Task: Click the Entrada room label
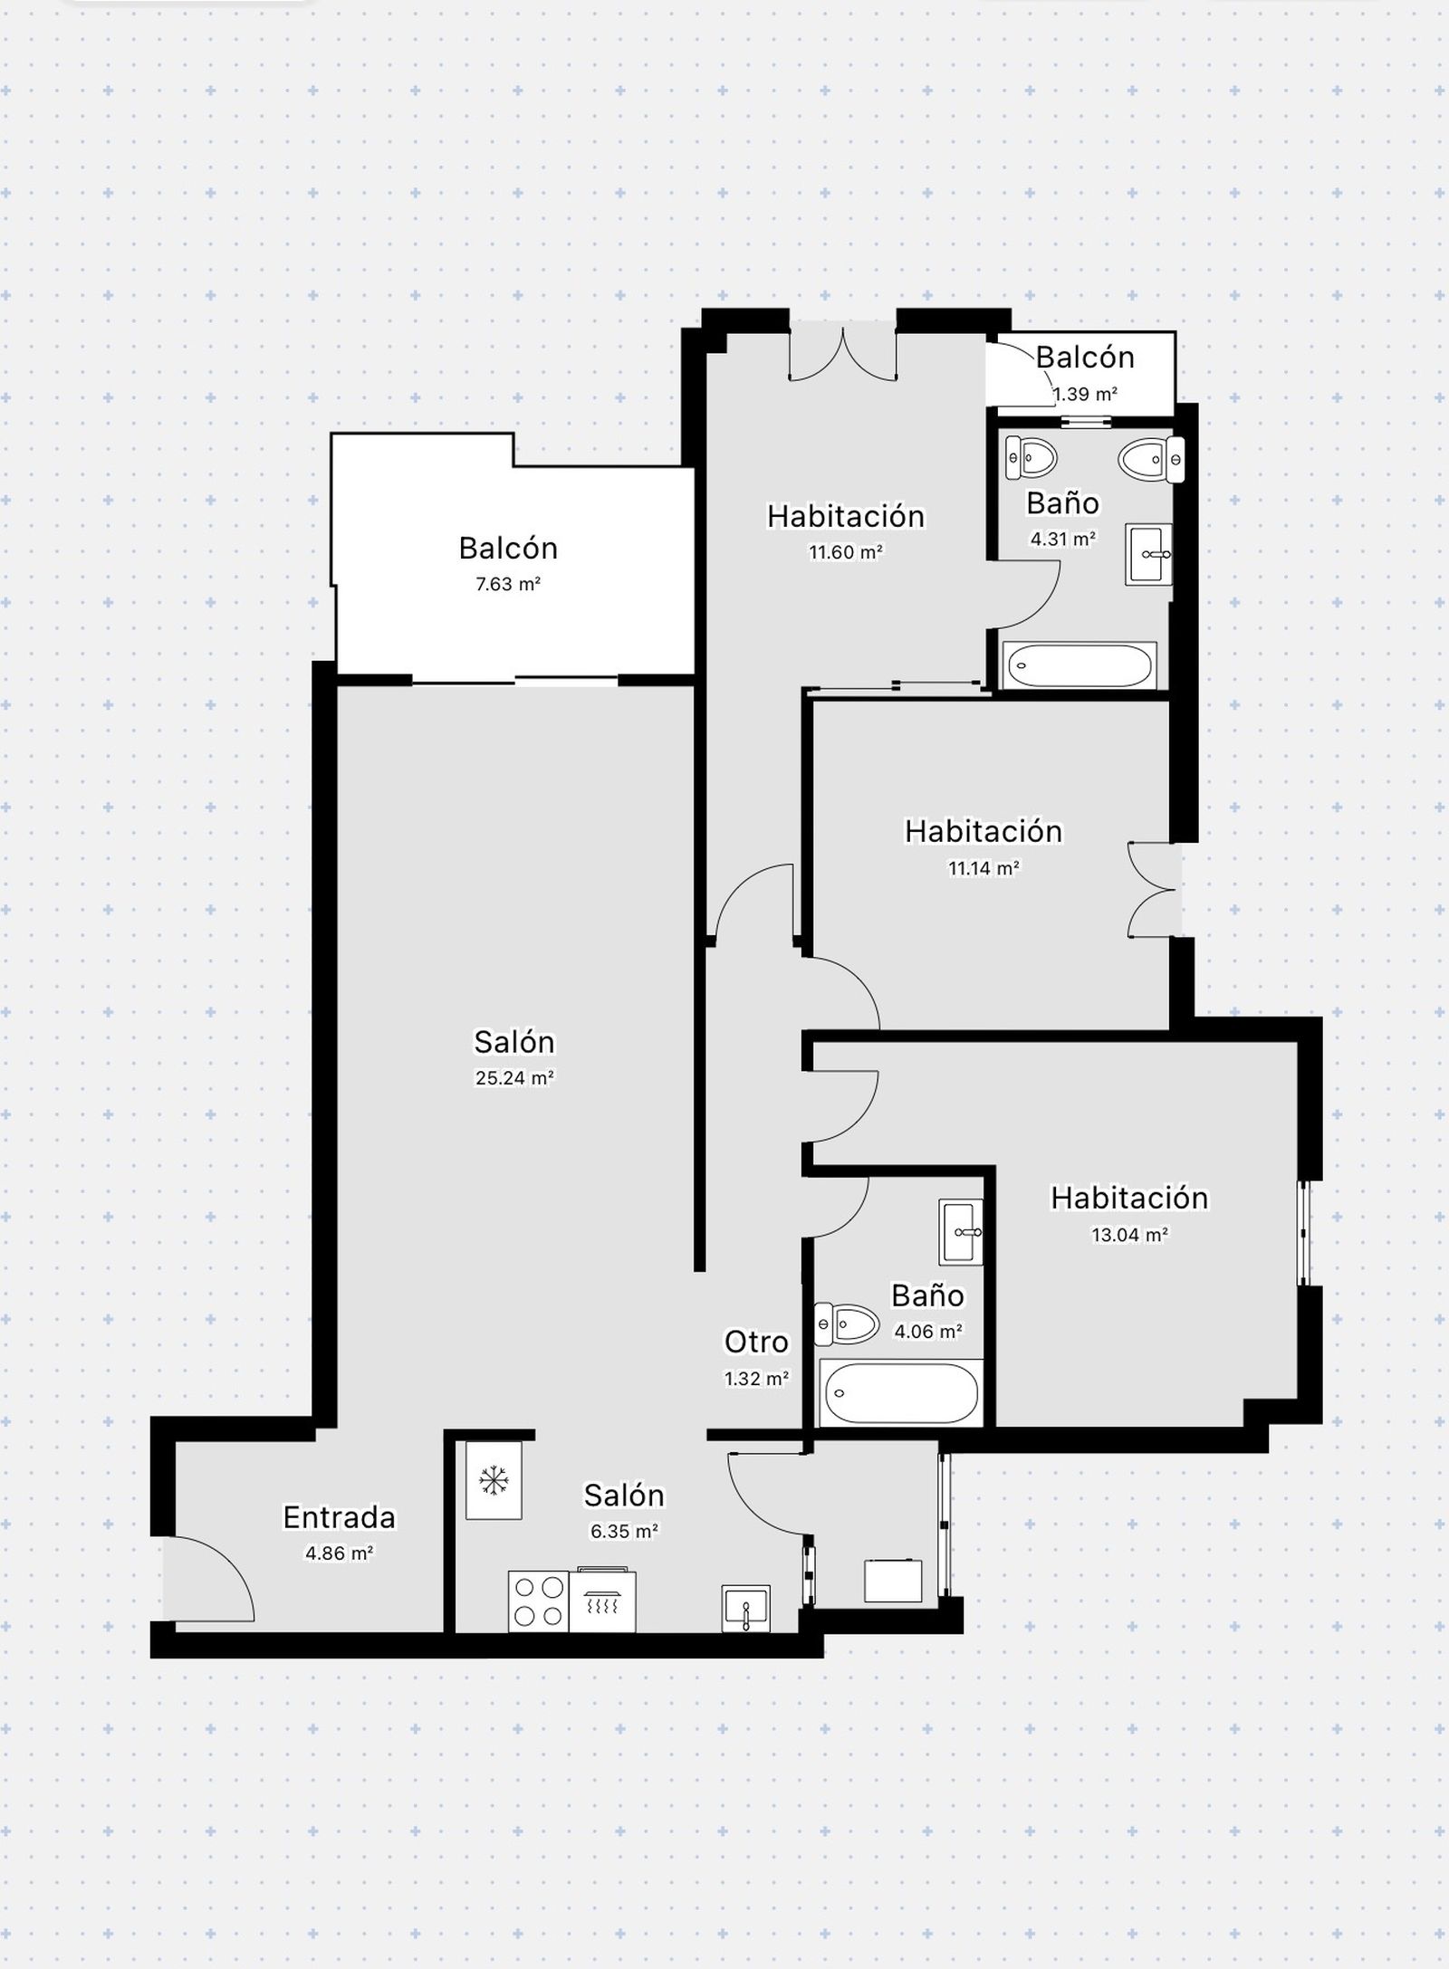339,1516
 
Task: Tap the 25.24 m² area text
514,1077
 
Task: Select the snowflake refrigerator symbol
494,1480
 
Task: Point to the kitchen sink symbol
746,1609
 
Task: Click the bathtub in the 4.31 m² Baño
1080,666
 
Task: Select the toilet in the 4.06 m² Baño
847,1324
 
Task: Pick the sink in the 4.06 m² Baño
961,1231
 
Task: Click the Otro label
756,1342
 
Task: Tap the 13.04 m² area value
1129,1234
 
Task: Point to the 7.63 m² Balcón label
508,548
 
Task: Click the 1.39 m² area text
1085,394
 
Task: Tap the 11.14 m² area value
984,868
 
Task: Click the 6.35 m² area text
624,1531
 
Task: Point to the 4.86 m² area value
339,1553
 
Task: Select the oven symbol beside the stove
602,1600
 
